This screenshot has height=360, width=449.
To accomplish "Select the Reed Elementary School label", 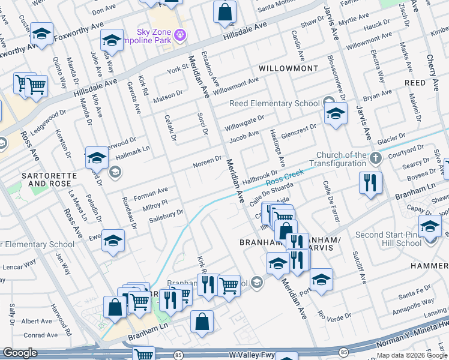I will [274, 103].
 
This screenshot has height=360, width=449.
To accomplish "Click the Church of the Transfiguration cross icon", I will [375, 159].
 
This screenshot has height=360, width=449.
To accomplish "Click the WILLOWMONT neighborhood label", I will [288, 69].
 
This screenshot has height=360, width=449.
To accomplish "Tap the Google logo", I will [19, 353].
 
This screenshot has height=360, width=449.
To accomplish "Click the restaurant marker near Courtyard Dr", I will [370, 182].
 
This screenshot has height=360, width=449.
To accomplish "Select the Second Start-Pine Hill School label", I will [397, 239].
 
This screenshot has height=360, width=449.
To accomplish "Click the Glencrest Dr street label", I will [298, 130].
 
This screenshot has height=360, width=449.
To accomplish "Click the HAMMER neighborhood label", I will [429, 265].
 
